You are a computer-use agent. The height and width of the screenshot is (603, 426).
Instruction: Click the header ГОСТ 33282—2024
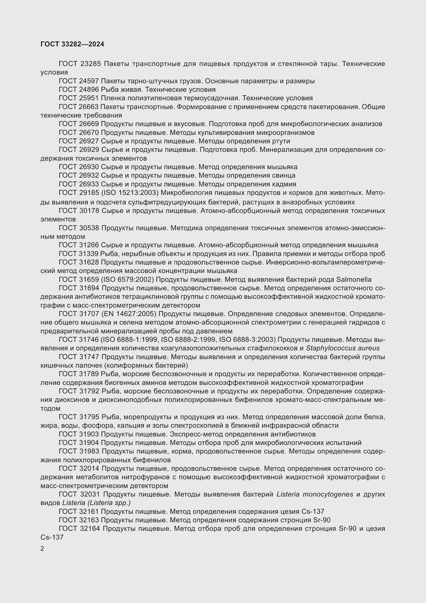72,44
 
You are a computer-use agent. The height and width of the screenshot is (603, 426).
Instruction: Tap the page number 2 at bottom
42,549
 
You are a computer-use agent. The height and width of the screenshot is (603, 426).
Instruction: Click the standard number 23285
90,64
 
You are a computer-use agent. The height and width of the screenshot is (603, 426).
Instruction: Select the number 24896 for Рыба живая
89,89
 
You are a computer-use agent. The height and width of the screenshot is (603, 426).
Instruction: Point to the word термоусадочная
213,98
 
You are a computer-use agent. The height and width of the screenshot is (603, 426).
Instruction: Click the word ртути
281,141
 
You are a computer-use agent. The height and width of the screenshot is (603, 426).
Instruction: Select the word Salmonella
354,279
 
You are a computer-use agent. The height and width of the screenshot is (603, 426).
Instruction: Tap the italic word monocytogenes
328,494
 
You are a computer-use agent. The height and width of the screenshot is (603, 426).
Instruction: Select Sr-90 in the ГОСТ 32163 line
322,520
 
